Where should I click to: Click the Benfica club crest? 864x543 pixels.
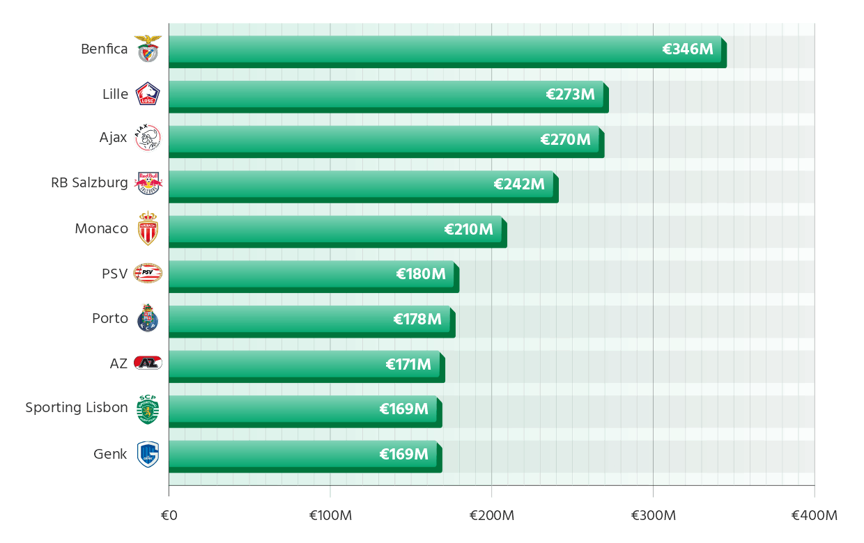(x=148, y=49)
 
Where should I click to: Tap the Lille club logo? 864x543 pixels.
(x=148, y=94)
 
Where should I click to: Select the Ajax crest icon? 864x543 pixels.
(x=148, y=138)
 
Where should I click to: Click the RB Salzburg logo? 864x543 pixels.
(x=148, y=183)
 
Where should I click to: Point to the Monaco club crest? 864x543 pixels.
(x=148, y=228)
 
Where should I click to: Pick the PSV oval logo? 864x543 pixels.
(x=148, y=274)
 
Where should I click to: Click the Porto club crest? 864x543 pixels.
(x=148, y=318)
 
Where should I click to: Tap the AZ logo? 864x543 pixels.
(x=148, y=363)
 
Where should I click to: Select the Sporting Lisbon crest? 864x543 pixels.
(x=148, y=409)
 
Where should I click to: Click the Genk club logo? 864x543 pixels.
(x=148, y=454)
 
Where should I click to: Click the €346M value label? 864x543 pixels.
(x=688, y=49)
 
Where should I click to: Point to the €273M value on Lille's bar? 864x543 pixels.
(x=570, y=95)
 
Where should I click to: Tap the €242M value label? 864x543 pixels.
(x=519, y=184)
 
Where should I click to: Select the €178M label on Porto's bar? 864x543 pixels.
(x=417, y=320)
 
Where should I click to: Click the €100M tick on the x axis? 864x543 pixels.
(x=330, y=516)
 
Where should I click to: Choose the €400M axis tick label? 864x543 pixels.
(x=814, y=516)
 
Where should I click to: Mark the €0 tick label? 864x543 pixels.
(x=169, y=516)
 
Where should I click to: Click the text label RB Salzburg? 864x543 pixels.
(x=89, y=183)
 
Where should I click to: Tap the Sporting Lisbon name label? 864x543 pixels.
(x=77, y=408)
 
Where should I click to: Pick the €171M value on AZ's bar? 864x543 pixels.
(x=408, y=364)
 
